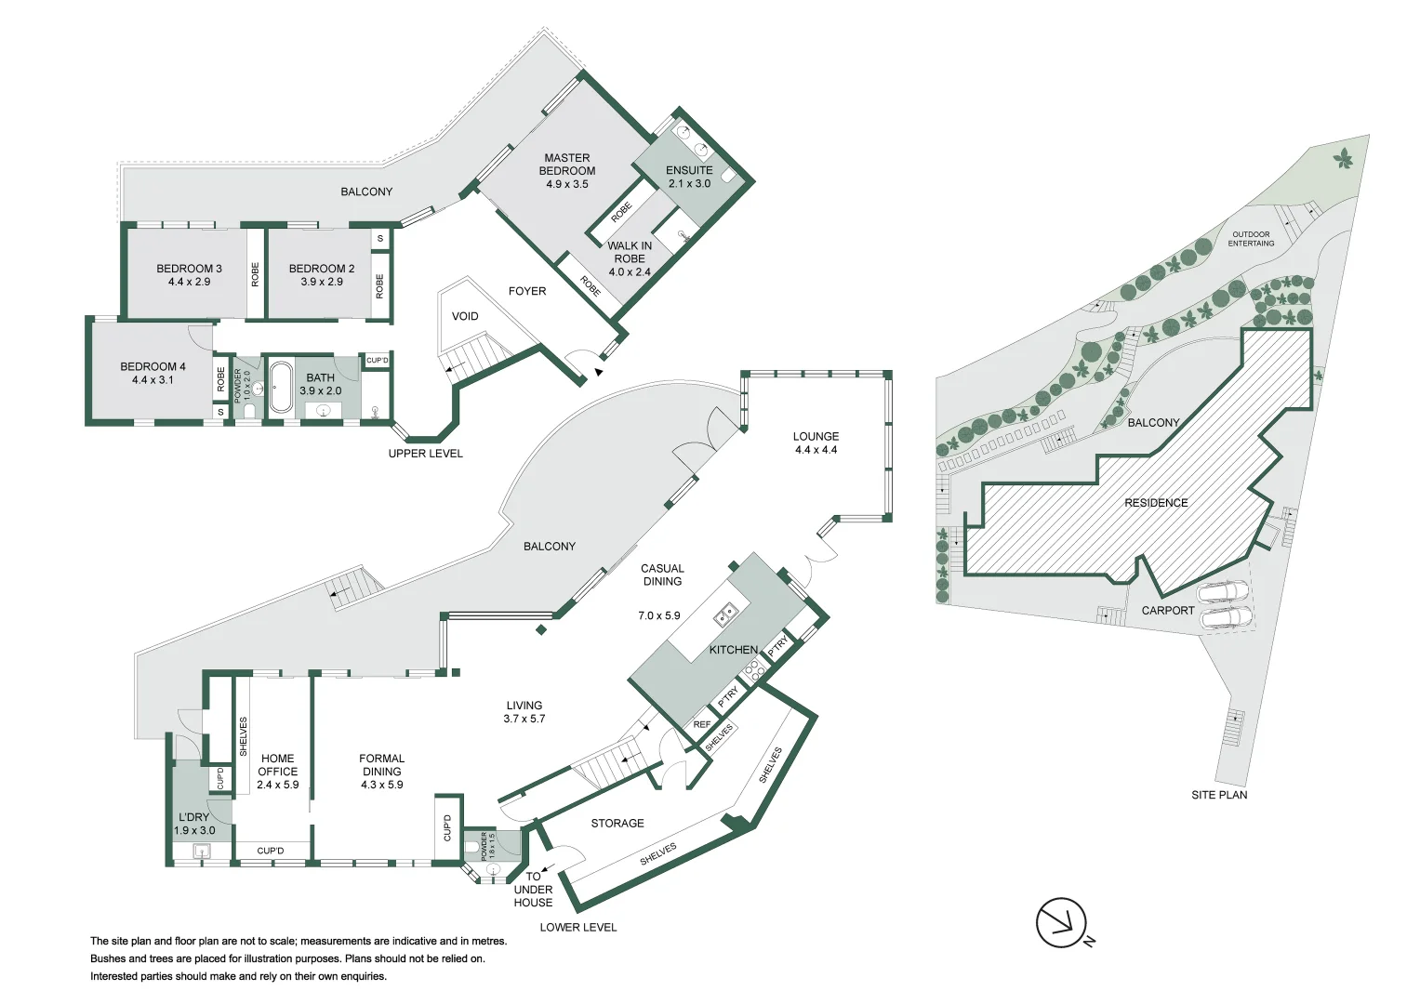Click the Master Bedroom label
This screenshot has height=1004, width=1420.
(566, 165)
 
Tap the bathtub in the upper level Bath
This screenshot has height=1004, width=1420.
(280, 387)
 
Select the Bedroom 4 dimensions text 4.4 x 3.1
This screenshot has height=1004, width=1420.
(153, 380)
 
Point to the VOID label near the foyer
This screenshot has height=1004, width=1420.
(465, 317)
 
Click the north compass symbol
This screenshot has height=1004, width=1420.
(1062, 923)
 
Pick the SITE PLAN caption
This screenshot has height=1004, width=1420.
(1219, 795)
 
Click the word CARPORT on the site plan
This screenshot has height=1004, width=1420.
(1167, 611)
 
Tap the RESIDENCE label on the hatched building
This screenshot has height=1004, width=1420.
(1156, 503)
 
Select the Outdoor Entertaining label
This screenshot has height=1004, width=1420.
(1251, 239)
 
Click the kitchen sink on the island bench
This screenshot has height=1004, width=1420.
(725, 614)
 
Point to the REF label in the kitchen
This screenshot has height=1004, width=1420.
(702, 724)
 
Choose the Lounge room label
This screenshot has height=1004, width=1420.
(816, 436)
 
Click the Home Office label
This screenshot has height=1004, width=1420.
(277, 765)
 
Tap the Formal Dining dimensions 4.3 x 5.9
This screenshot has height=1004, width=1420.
(381, 785)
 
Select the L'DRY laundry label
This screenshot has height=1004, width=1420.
(193, 817)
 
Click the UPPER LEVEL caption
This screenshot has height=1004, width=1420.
(425, 454)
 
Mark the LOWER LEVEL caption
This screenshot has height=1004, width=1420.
(577, 927)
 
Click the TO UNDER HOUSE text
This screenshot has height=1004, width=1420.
(533, 890)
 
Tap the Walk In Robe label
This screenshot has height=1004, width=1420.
(630, 253)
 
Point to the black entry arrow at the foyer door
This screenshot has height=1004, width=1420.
(599, 372)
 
